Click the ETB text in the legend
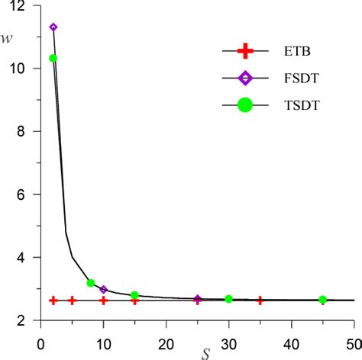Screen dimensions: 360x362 click(299, 53)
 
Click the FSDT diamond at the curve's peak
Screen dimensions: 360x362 click(53, 27)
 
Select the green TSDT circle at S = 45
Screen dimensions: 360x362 click(322, 300)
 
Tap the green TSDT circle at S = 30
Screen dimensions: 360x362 click(228, 299)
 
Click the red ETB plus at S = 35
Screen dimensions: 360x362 click(260, 301)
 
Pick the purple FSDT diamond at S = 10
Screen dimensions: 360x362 click(103, 290)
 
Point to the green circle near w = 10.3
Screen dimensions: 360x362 click(53, 59)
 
